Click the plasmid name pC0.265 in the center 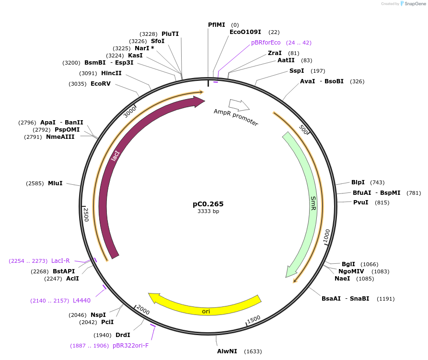pyautogui.click(x=208, y=204)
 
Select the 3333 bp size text pyautogui.click(x=208, y=211)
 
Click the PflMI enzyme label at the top pyautogui.click(x=216, y=24)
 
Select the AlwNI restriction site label pyautogui.click(x=227, y=351)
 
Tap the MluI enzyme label pyautogui.click(x=55, y=183)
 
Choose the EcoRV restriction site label pyautogui.click(x=101, y=84)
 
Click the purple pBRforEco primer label pyautogui.click(x=266, y=43)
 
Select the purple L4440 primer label pyautogui.click(x=81, y=300)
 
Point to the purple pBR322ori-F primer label pyautogui.click(x=131, y=345)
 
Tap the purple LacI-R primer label pyautogui.click(x=60, y=260)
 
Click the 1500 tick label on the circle pyautogui.click(x=254, y=319)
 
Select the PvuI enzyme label pyautogui.click(x=361, y=202)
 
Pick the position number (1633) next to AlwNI pyautogui.click(x=253, y=351)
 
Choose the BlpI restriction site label pyautogui.click(x=358, y=182)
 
